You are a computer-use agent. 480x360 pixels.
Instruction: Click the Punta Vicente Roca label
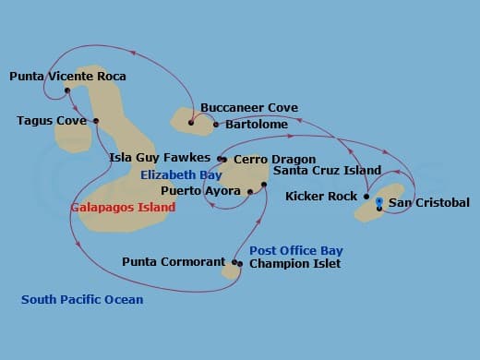(x=67, y=77)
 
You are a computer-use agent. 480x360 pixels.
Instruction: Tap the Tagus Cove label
(x=52, y=121)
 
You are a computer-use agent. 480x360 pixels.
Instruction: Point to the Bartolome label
(x=250, y=125)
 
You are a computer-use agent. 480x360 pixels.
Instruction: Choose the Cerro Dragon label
(x=274, y=160)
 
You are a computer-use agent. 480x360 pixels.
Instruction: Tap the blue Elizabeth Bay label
(x=181, y=174)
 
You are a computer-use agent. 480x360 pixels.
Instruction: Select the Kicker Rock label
(x=321, y=197)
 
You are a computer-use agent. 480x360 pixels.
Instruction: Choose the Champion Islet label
(x=294, y=264)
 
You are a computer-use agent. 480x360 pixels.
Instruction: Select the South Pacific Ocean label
(x=82, y=299)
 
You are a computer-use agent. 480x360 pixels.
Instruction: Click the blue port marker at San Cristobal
(x=379, y=200)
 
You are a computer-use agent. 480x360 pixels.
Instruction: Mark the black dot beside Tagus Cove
(x=96, y=121)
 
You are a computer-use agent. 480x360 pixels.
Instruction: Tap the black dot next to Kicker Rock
(x=366, y=197)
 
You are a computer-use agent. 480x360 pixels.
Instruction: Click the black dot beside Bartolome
(x=216, y=125)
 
